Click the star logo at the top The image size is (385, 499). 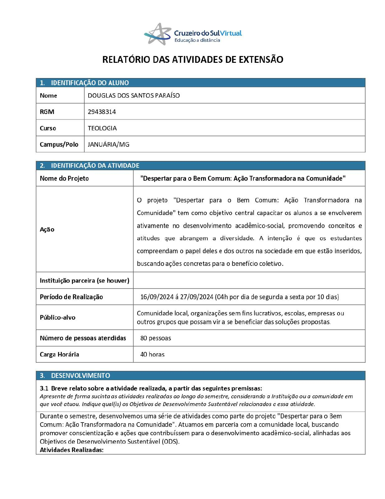coord(158,34)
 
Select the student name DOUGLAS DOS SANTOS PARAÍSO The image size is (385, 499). coord(134,96)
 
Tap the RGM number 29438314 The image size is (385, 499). coord(102,112)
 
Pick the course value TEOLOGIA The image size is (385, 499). coord(102,128)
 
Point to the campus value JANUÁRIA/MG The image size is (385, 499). coord(108,144)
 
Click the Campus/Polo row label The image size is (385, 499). coord(59,144)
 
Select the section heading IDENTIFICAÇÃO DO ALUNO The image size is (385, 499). coord(90,83)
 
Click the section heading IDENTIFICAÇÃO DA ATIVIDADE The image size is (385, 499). coord(95,165)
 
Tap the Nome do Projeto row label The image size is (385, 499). coord(64,178)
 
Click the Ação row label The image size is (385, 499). coord(47,229)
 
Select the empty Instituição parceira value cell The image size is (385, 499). coord(249,280)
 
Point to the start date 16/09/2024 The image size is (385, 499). coord(157,297)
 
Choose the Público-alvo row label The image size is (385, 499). coord(57,317)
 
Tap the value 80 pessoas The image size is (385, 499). coord(156,338)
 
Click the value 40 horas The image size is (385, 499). coord(152,354)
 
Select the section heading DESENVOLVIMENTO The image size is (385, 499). coord(80,376)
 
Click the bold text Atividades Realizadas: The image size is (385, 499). coord(71,450)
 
